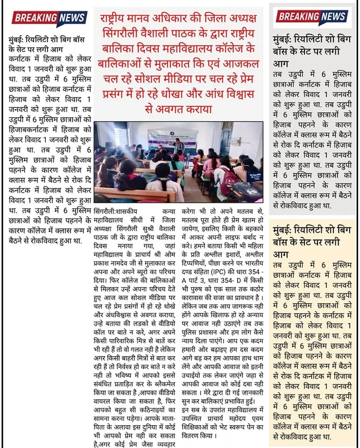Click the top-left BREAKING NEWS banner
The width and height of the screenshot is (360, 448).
(x=49, y=18)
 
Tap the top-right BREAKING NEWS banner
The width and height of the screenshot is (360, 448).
(x=312, y=17)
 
